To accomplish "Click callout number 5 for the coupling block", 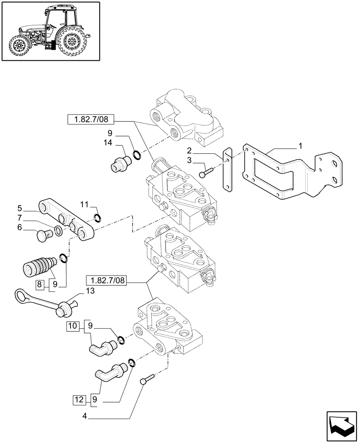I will [20, 207].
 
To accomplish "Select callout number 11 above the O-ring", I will [85, 204].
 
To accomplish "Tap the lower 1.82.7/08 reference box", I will [106, 280].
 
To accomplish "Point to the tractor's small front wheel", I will [20, 45].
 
